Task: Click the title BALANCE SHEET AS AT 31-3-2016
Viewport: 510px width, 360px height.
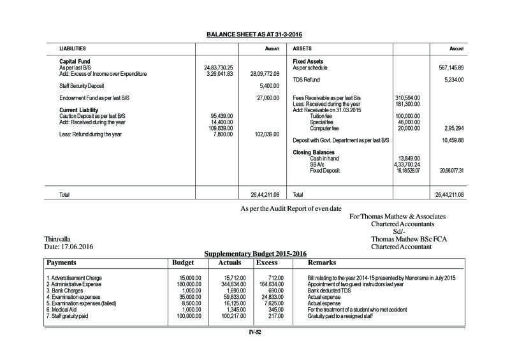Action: pos(255,33)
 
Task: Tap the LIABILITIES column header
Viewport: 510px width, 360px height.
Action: pos(72,48)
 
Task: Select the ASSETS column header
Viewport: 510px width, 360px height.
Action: pos(302,48)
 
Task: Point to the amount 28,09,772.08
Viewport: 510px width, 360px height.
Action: pos(264,74)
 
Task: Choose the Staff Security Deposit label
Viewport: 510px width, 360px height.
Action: pos(84,85)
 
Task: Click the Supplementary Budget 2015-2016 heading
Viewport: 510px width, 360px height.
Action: pos(255,254)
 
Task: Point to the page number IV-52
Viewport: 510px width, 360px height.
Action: pos(256,331)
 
